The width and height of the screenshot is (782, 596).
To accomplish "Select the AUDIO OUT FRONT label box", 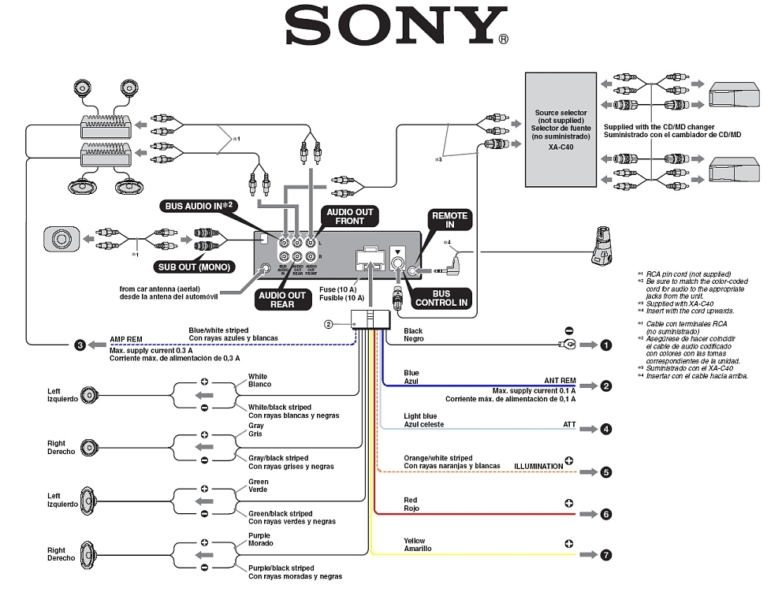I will tap(351, 216).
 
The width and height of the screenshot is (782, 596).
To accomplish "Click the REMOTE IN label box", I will tap(449, 220).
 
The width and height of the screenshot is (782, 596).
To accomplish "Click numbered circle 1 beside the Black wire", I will tap(605, 345).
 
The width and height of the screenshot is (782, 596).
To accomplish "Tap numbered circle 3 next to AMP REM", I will tap(80, 345).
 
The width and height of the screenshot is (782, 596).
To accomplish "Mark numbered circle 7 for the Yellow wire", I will tap(605, 555).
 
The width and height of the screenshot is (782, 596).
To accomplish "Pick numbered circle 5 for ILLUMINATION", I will tap(605, 472).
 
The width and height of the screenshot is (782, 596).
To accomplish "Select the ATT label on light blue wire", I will tap(569, 425).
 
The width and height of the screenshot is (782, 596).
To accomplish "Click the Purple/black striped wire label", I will tap(281, 568).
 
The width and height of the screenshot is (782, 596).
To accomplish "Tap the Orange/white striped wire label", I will tap(438, 458).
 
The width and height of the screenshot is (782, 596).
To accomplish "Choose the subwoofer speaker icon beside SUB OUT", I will tap(61, 237).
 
